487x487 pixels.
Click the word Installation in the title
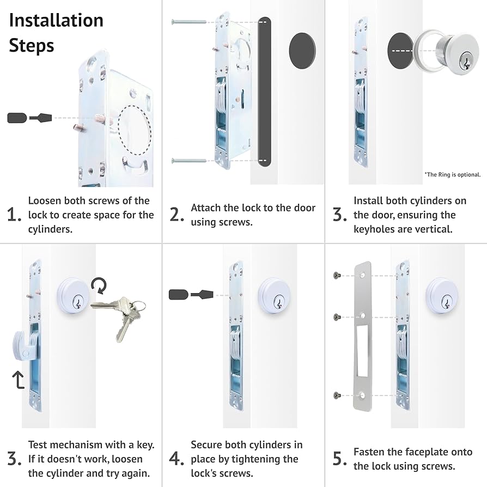(x=56, y=20)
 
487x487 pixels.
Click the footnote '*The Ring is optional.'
(x=452, y=174)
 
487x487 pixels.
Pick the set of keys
(x=120, y=316)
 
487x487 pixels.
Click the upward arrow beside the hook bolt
(x=19, y=378)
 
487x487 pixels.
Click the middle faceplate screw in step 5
(x=336, y=316)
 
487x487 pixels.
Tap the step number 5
(x=340, y=459)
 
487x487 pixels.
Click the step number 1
(x=14, y=215)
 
